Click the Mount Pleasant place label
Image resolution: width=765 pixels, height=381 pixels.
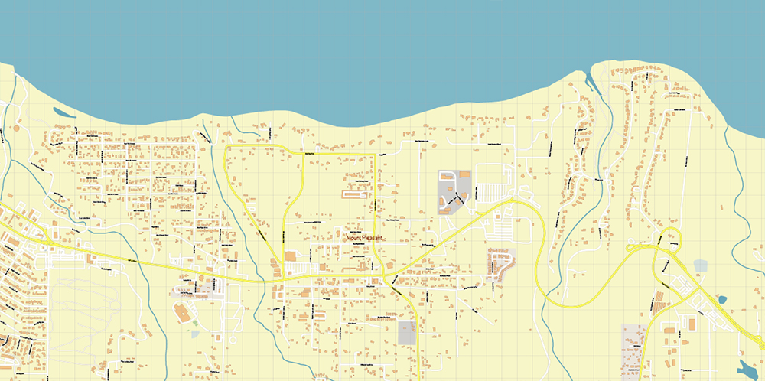[364, 238]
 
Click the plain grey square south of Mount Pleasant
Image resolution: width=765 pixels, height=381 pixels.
[407, 333]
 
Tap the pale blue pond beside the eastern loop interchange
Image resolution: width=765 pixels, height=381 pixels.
[700, 266]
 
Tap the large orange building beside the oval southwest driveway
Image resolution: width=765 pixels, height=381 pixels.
[182, 313]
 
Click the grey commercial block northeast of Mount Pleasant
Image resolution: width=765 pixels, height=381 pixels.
[454, 191]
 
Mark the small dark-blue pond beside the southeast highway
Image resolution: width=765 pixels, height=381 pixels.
[722, 300]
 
